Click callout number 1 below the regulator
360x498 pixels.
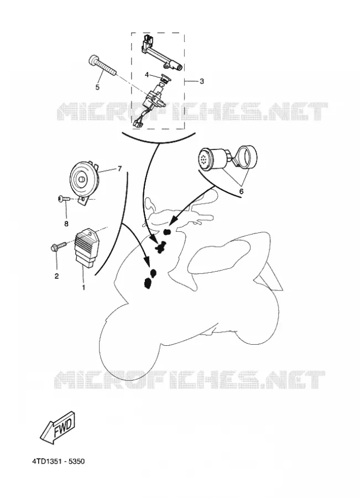(84, 287)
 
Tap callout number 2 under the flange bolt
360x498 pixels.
(56, 276)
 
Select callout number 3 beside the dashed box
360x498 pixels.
(202, 81)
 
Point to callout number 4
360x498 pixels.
(147, 75)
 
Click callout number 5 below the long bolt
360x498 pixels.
(97, 87)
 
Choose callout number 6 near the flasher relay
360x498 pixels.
(241, 191)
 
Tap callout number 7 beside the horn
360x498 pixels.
(119, 169)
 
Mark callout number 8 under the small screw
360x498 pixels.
(66, 224)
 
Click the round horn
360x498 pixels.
(85, 179)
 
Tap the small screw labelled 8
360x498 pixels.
(64, 199)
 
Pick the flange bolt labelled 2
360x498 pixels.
(58, 246)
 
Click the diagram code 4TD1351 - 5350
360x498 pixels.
(59, 461)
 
